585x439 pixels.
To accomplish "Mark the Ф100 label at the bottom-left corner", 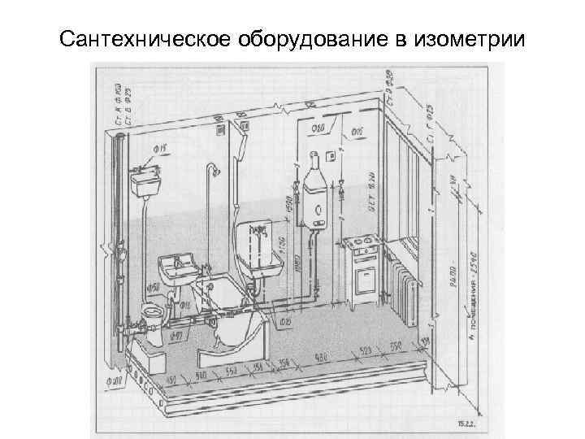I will (x=117, y=379).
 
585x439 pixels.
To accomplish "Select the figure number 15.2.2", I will (x=466, y=424).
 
